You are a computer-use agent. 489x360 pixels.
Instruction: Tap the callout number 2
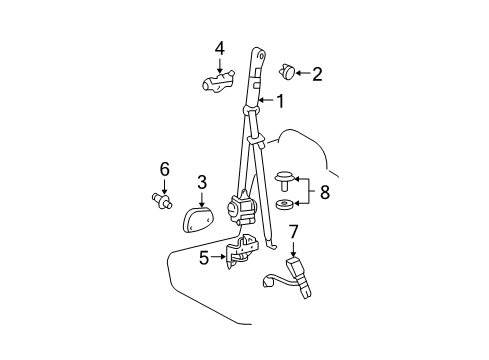(x=318, y=73)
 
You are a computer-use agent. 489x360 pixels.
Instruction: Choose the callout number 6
(x=165, y=169)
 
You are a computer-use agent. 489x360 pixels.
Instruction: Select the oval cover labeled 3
(x=201, y=216)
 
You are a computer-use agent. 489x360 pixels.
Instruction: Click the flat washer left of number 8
(x=285, y=207)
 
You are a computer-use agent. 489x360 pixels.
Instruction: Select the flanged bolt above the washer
(x=285, y=180)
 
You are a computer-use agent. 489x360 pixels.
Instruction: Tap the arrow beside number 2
(x=302, y=72)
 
